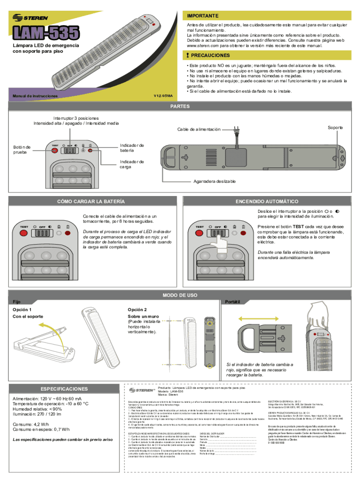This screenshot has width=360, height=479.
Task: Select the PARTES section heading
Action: tap(180, 106)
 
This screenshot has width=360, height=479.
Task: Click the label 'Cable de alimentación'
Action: tap(199, 129)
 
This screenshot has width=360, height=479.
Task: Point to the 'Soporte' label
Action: tap(335, 128)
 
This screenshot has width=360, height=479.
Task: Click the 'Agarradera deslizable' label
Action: tap(215, 181)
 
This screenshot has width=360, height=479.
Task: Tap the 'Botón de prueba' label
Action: tap(22, 150)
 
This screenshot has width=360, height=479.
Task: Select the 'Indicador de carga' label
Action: tap(132, 164)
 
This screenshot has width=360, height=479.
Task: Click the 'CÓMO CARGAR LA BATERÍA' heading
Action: tap(91, 201)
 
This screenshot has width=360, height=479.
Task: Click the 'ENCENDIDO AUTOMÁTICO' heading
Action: tap(267, 201)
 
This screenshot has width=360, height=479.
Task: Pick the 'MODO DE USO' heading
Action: tap(180, 296)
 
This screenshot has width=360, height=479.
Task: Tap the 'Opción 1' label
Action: tap(22, 310)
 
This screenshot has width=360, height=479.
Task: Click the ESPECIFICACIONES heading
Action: tap(64, 389)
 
